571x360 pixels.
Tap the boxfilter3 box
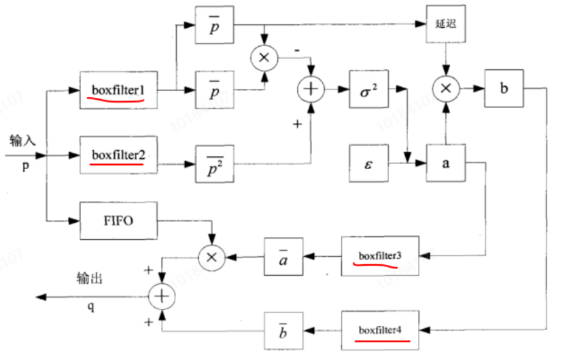point(381,255)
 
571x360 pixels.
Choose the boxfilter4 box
point(381,329)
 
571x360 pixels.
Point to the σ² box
point(368,89)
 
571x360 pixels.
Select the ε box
point(368,164)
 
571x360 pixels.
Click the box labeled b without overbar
point(504,89)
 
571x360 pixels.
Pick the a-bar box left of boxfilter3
point(282,255)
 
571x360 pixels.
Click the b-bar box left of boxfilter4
point(282,329)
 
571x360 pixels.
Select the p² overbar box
point(215,164)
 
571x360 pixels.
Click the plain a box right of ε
point(445,164)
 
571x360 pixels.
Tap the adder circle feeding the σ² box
point(312,89)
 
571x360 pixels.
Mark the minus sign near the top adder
point(297,50)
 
